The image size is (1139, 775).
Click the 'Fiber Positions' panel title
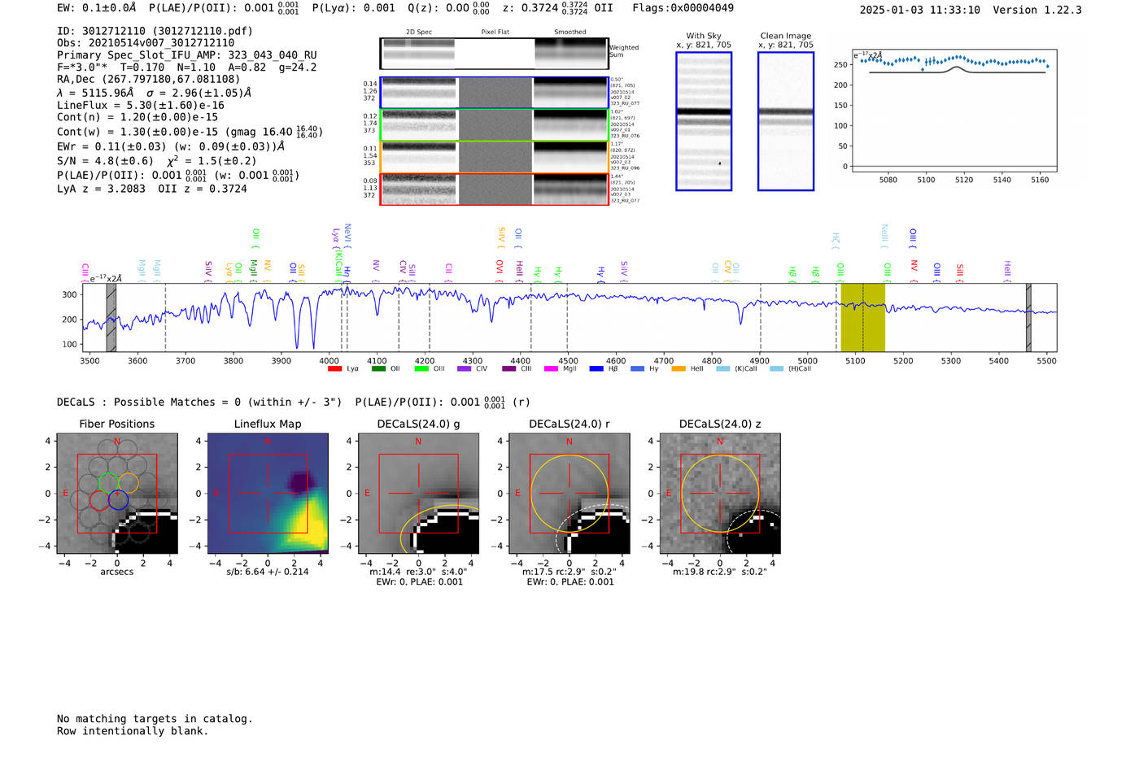(x=116, y=424)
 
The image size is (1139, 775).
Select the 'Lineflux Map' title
(x=268, y=424)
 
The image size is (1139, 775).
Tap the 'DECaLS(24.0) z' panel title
(x=720, y=424)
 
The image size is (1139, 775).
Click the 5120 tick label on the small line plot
(x=964, y=180)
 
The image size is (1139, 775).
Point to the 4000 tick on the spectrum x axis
(x=329, y=360)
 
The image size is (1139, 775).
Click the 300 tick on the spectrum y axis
(x=69, y=294)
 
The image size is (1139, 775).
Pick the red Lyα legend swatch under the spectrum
(x=334, y=369)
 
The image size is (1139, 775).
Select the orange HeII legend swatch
(x=679, y=369)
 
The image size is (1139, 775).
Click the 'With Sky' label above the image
(x=704, y=36)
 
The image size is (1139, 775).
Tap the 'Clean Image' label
(x=786, y=36)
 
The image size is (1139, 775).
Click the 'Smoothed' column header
(x=570, y=33)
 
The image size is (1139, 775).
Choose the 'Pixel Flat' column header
(x=495, y=33)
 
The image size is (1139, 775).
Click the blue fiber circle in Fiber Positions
(x=118, y=500)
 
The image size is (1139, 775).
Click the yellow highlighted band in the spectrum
(x=862, y=317)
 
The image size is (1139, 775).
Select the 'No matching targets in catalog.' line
(x=155, y=719)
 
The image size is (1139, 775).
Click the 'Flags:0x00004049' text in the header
(x=683, y=7)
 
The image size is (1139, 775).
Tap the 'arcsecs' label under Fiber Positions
(x=116, y=572)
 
